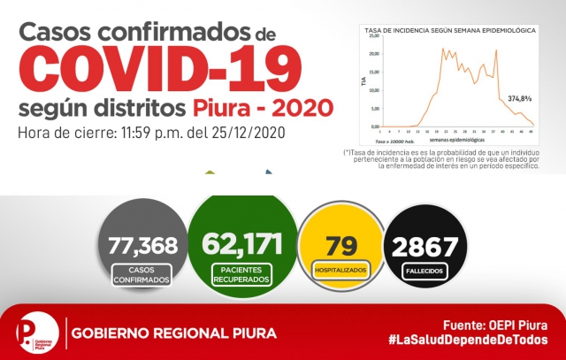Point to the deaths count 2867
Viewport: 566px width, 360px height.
426,245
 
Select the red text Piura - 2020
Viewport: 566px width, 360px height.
264,110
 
